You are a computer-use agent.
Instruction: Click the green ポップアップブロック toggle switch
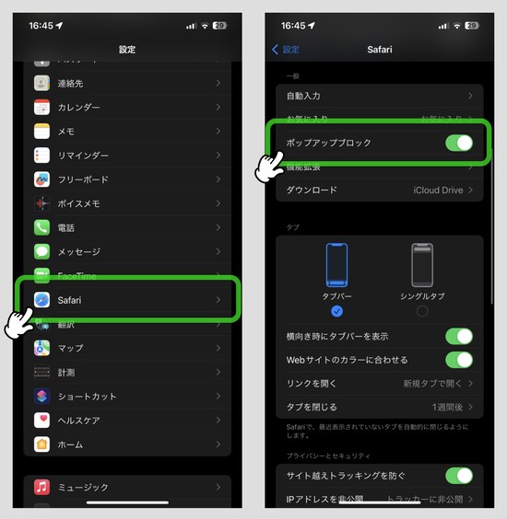(x=458, y=143)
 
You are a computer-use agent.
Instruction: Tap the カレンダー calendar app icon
(x=41, y=107)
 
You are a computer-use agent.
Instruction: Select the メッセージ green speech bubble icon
(x=41, y=251)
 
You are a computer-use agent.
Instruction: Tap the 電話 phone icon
(x=41, y=227)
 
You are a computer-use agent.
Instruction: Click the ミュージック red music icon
(x=41, y=487)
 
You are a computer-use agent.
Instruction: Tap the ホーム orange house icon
(x=41, y=444)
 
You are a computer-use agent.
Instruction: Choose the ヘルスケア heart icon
(x=41, y=420)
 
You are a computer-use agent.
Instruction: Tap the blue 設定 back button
(x=286, y=50)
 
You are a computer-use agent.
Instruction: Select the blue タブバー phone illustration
(x=337, y=266)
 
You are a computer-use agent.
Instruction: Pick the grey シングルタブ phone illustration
(x=422, y=266)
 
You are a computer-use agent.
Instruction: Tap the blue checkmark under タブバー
(x=337, y=311)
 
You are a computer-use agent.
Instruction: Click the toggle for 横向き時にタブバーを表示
(x=458, y=336)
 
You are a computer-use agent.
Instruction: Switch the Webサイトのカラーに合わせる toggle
(x=458, y=360)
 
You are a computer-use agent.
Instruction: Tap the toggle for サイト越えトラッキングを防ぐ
(x=458, y=476)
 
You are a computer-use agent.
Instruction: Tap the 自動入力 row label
(x=303, y=96)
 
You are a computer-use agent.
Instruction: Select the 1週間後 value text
(x=448, y=407)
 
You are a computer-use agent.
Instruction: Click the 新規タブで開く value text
(x=433, y=383)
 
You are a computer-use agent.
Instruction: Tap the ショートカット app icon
(x=41, y=396)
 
